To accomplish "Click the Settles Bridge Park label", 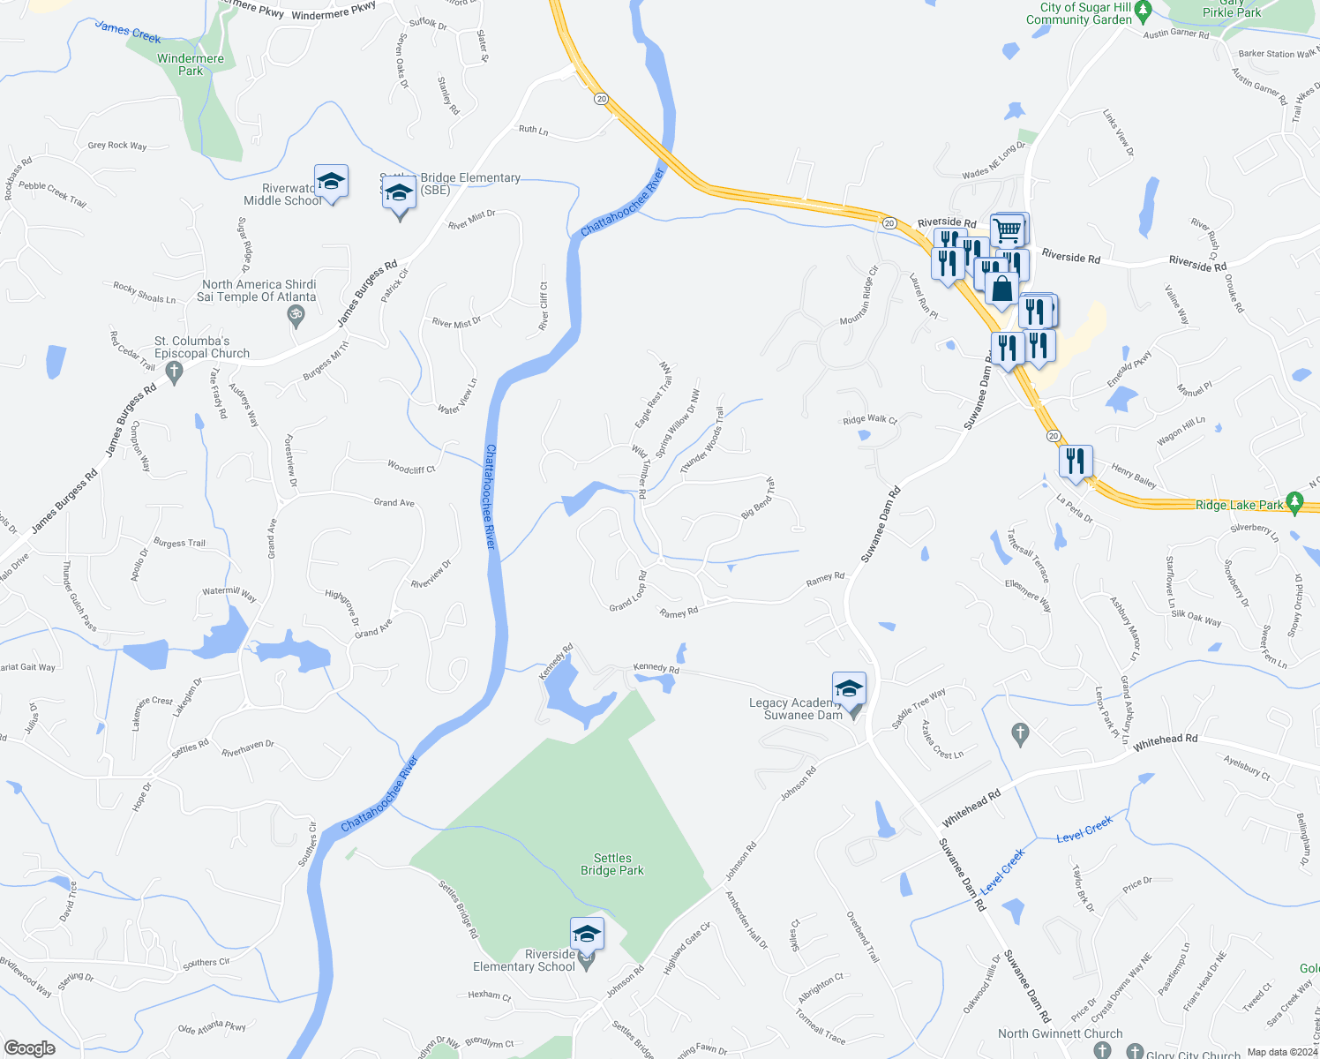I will point(612,864).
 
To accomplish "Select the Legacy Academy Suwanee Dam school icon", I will point(849,688).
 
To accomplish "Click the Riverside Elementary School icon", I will point(587,935).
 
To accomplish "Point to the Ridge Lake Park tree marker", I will point(1294,503).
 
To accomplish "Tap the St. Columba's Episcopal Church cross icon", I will point(174,372).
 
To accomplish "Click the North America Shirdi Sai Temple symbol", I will point(297,314).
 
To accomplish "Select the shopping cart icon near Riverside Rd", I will point(1008,230).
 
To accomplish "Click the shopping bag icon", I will point(1001,289).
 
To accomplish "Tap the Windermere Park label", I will point(191,64).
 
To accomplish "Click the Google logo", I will point(30,1048).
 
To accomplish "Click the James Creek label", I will point(128,33).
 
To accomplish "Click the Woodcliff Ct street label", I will point(411,468).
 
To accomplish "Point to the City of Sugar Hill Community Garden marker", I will point(1144,12).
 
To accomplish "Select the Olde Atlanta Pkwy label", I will point(212,1027).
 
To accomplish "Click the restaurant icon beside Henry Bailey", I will point(1075,462).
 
